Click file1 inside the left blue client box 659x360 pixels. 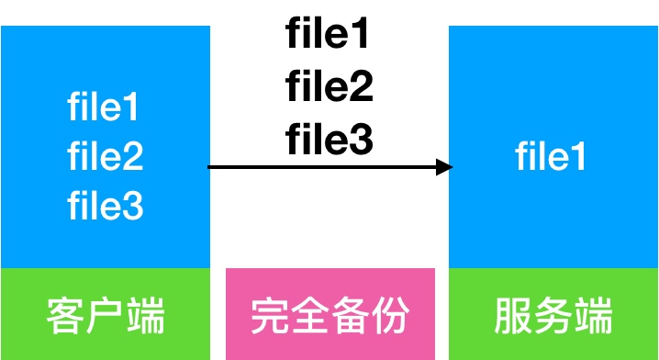(x=105, y=109)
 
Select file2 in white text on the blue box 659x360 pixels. (x=105, y=158)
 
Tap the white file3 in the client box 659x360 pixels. (x=105, y=207)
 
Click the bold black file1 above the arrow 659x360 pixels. (x=328, y=35)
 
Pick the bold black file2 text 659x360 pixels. (x=328, y=88)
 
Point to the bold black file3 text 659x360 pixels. (x=328, y=141)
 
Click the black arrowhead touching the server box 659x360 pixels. (x=444, y=167)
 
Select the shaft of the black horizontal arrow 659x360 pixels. (x=321, y=167)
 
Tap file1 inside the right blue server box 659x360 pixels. (x=551, y=158)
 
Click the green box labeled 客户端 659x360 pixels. (x=105, y=314)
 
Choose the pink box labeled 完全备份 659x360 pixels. (x=329, y=314)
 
